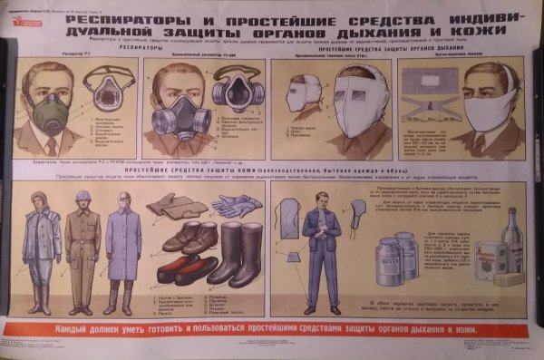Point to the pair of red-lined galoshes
(x=185, y=268)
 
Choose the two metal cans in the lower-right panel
(x=393, y=257)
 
